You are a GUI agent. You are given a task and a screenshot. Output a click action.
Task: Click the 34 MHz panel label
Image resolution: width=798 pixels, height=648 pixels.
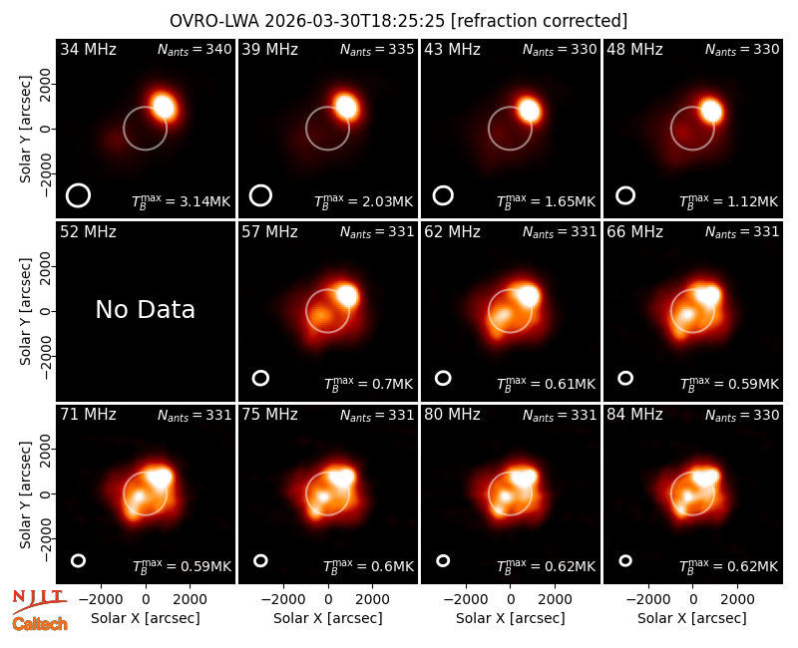pos(88,49)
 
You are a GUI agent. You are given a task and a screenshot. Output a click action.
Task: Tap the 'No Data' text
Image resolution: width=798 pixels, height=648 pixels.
pos(145,309)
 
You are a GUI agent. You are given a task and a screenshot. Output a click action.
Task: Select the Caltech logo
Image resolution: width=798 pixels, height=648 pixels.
pos(40,624)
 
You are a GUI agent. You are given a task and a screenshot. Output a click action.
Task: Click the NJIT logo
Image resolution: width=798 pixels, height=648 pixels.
pos(39,601)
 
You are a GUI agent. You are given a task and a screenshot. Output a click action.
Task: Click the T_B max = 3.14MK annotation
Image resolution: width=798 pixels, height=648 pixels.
pos(182,201)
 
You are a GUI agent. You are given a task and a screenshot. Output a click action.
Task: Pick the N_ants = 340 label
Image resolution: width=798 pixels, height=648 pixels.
pos(195,49)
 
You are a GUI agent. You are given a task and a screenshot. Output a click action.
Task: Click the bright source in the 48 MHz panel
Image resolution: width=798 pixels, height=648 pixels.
pos(711,112)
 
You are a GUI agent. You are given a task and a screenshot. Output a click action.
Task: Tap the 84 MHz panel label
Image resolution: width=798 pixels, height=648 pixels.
pos(634,415)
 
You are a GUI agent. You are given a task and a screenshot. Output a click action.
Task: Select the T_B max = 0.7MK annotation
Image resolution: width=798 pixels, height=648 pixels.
pos(368,384)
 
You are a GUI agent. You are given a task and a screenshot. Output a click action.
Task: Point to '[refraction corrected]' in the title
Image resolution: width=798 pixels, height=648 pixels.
pos(539,21)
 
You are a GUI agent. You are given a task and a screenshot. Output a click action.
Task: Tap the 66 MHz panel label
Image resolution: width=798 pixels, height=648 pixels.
pos(634,232)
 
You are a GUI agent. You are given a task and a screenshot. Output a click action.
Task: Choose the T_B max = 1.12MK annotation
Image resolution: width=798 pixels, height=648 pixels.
pos(729,201)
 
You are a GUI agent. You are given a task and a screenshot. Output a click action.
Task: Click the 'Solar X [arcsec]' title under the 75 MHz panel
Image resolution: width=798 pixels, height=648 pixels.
pos(328,618)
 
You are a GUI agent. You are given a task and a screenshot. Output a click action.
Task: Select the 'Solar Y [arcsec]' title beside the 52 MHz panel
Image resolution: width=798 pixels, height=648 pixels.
pos(26,311)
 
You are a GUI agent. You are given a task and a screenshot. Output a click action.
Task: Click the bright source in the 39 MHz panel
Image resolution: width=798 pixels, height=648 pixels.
pos(346,108)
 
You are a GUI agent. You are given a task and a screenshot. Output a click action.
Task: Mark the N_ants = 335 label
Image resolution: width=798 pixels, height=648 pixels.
pos(377,49)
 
